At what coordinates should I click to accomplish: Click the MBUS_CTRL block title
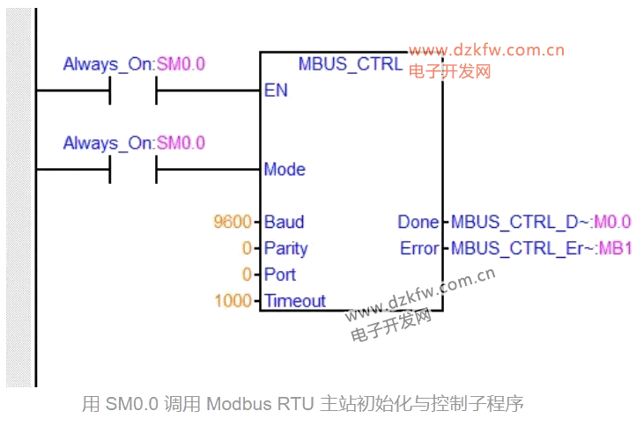pos(351,63)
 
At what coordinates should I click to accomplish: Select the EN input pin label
pos(275,91)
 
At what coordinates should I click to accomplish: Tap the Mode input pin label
pos(285,169)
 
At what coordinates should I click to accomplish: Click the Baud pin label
pos(284,222)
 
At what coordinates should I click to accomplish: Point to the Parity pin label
pos(286,248)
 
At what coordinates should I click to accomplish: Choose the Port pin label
pos(280,275)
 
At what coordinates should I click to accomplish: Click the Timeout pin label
pos(295,301)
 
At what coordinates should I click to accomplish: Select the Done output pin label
pos(418,222)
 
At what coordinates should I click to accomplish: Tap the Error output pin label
pos(419,248)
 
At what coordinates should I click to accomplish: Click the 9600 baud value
pos(233,222)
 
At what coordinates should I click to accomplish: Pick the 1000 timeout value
pos(233,301)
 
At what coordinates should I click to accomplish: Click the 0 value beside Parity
pos(247,248)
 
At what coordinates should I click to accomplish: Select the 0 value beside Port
pos(247,275)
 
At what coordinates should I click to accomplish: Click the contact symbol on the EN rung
pos(133,91)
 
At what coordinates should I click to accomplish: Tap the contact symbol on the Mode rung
pos(133,169)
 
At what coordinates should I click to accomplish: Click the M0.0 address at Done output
pos(614,222)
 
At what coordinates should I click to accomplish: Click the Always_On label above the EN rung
pos(108,64)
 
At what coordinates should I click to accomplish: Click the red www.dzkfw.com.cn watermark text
pos(486,50)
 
